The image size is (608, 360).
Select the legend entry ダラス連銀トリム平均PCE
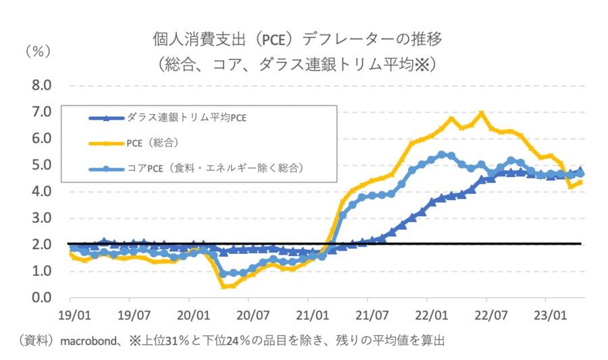pyautogui.click(x=183, y=118)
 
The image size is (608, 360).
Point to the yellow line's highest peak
pyautogui.click(x=481, y=113)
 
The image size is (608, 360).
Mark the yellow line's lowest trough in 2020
pyautogui.click(x=224, y=286)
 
